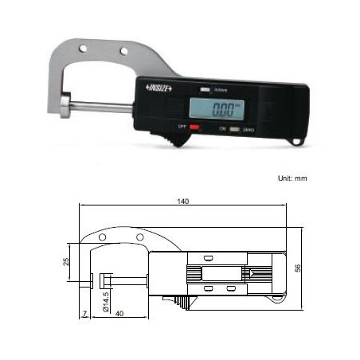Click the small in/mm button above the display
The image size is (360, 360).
tap(205, 89)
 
